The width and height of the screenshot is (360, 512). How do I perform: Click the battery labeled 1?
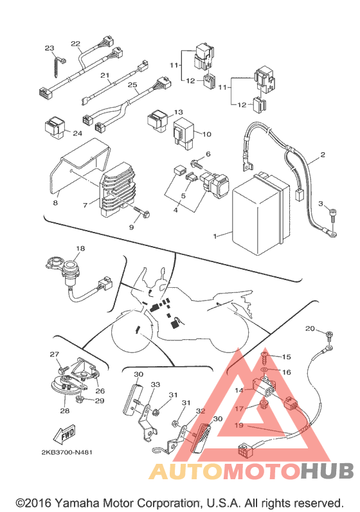point(260,214)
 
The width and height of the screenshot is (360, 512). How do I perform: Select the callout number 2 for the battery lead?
point(323,154)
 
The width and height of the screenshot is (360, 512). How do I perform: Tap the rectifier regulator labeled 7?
point(119,190)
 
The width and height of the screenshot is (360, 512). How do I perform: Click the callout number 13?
point(178,112)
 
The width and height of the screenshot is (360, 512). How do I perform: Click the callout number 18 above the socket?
point(80,249)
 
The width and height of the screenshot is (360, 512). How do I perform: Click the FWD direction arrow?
point(64,434)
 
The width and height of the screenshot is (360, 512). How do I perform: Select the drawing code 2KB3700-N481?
point(67,452)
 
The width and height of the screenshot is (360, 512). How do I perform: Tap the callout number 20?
point(310,328)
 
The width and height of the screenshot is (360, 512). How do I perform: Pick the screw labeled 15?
point(265,358)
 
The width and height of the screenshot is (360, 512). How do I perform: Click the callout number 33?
point(155,384)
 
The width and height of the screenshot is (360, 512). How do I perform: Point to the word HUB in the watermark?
point(327,470)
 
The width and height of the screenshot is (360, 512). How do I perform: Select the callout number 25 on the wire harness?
point(132,85)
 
